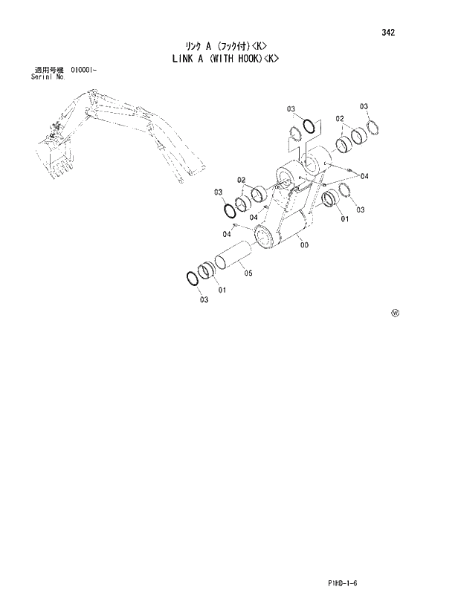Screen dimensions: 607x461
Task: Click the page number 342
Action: pos(388,33)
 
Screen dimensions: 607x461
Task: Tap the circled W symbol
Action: pos(395,313)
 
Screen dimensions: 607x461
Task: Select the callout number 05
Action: pos(248,273)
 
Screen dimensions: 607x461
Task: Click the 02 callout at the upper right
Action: pos(339,118)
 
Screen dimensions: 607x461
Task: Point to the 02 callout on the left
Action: pos(242,180)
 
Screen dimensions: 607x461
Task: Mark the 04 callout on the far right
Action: pos(364,176)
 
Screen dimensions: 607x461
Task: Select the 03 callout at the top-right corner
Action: pos(364,107)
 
